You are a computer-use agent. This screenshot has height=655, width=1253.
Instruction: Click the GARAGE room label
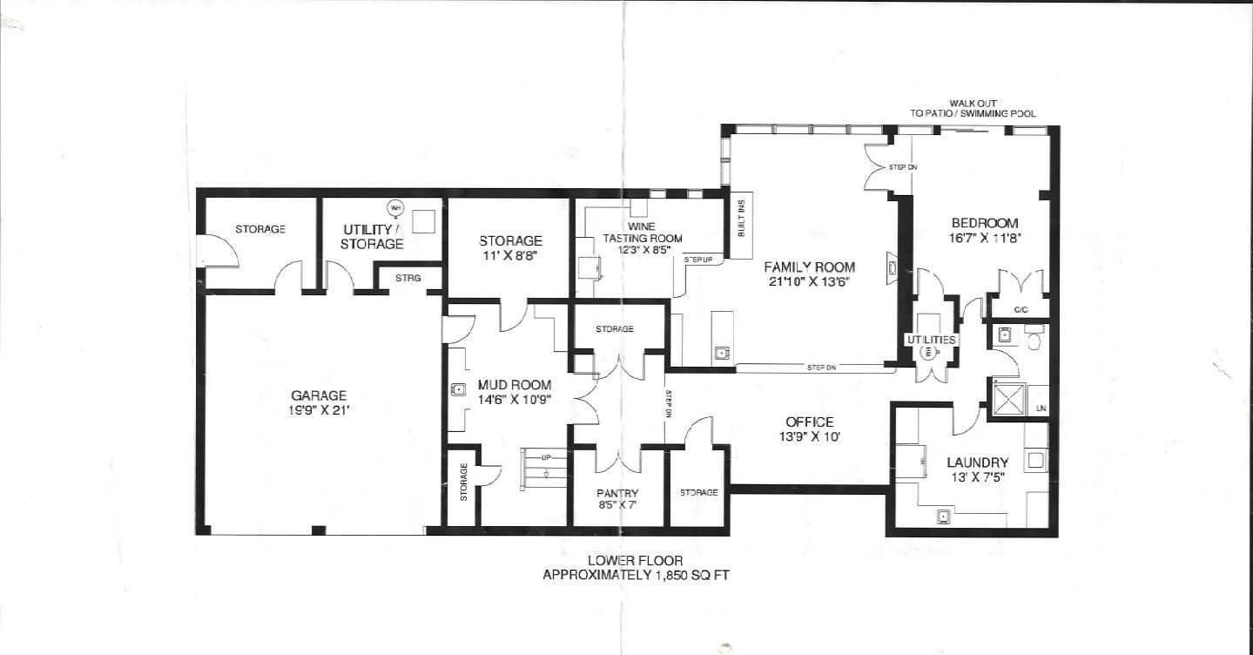click(319, 396)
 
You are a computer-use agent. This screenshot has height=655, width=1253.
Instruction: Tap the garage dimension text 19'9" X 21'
click(319, 410)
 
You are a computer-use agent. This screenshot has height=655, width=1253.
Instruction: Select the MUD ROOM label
click(515, 385)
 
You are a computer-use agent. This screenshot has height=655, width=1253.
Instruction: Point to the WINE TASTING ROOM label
click(642, 233)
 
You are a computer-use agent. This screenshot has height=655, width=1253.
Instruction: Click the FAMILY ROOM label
click(810, 267)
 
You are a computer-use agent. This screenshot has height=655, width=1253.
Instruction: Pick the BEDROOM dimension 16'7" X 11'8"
click(985, 238)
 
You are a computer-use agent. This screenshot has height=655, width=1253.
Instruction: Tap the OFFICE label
click(810, 422)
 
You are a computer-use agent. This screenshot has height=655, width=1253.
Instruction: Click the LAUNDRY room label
click(978, 463)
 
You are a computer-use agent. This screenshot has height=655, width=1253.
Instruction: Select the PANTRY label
click(617, 493)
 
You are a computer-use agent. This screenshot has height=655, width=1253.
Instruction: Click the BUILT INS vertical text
click(741, 218)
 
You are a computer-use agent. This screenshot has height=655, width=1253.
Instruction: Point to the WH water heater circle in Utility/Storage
click(395, 208)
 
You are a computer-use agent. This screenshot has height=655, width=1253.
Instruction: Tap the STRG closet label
click(408, 278)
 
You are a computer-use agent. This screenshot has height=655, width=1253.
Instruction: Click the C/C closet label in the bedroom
click(1021, 310)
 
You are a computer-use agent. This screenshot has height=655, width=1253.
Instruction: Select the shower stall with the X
click(1008, 399)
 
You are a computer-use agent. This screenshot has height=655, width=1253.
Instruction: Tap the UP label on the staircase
click(547, 457)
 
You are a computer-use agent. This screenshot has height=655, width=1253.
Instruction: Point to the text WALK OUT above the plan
click(973, 104)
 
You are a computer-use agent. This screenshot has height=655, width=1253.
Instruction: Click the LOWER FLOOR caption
click(636, 560)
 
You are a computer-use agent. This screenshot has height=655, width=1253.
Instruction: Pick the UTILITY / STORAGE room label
click(372, 237)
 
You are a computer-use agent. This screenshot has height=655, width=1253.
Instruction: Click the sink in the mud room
click(458, 389)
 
